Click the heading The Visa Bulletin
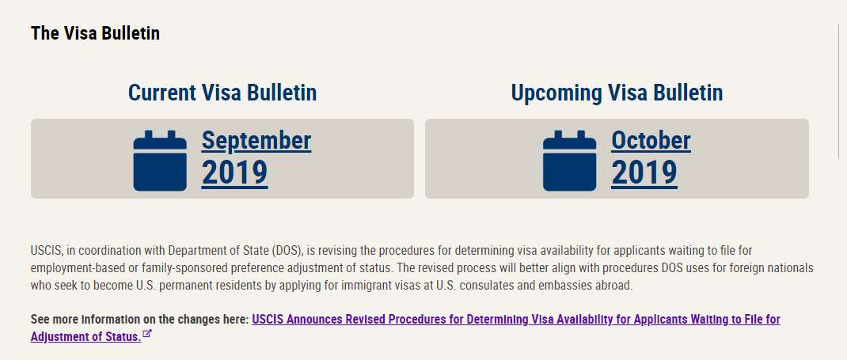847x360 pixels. pyautogui.click(x=95, y=33)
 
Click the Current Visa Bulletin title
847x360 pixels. pyautogui.click(x=222, y=93)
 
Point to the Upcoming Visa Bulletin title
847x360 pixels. pyautogui.click(x=617, y=93)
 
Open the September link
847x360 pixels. pyautogui.click(x=256, y=140)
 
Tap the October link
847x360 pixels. pyautogui.click(x=651, y=140)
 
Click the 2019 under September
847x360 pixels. pyautogui.click(x=234, y=172)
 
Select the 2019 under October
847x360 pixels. pyautogui.click(x=644, y=172)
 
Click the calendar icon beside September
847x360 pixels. pyautogui.click(x=160, y=161)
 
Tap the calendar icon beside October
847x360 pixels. pyautogui.click(x=569, y=161)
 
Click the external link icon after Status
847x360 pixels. pyautogui.click(x=147, y=335)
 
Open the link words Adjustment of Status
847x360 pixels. pyautogui.click(x=86, y=336)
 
